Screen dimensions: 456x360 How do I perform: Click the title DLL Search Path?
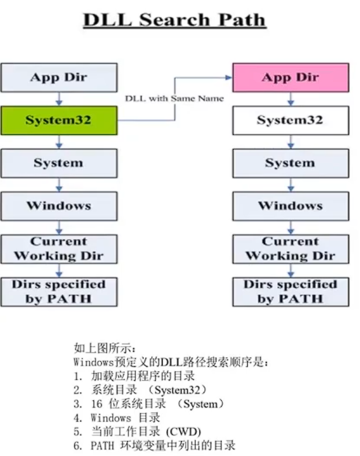click(x=174, y=20)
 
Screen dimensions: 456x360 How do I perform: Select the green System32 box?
click(x=58, y=120)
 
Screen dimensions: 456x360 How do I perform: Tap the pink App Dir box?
click(x=291, y=78)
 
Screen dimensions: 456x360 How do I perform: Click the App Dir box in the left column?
click(x=58, y=78)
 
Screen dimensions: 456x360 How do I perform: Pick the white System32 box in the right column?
click(x=291, y=120)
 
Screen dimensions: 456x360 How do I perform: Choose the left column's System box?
click(x=58, y=163)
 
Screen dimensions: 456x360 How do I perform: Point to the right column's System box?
click(x=291, y=163)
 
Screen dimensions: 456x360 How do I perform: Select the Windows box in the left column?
click(x=58, y=206)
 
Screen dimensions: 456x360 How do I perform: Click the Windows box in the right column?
click(x=291, y=206)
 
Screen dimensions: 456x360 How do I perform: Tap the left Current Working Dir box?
click(x=58, y=249)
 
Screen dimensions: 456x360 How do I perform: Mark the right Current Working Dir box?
click(x=291, y=249)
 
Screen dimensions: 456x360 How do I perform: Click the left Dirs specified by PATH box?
click(x=58, y=292)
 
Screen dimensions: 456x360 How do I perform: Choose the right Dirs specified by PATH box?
click(x=291, y=292)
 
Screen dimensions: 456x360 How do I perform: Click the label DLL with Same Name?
click(x=174, y=98)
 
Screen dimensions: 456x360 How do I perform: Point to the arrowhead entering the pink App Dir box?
click(x=229, y=77)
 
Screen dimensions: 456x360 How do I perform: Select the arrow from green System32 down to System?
click(x=58, y=142)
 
